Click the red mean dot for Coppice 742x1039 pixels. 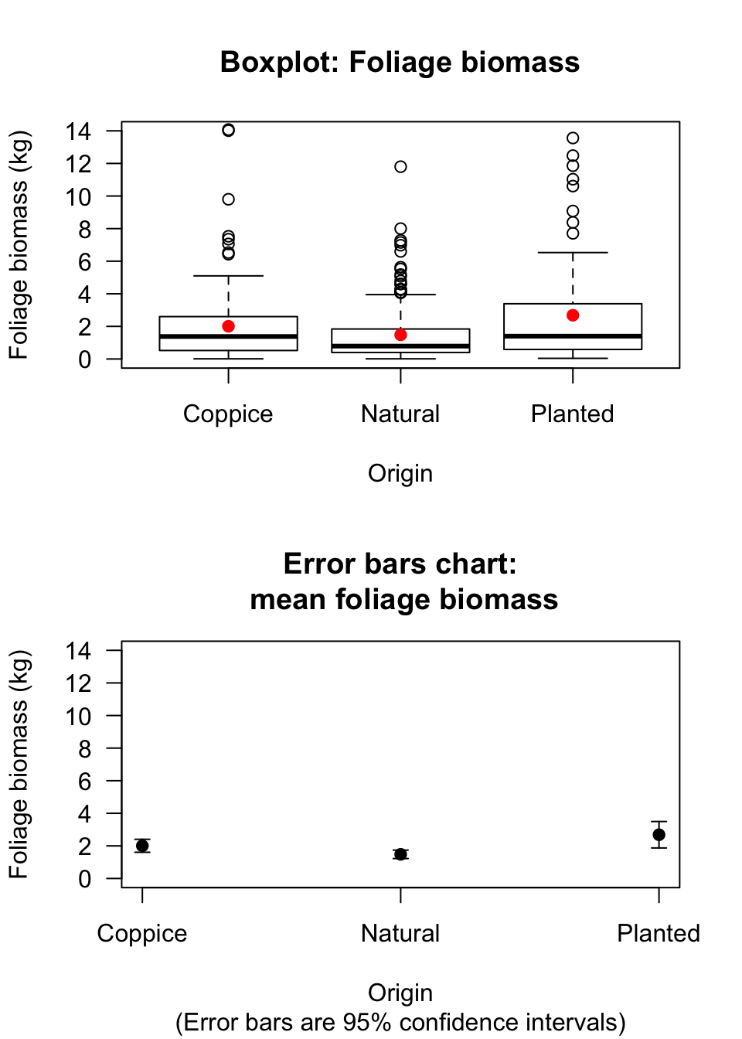(x=228, y=326)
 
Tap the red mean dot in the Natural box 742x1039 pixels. (x=400, y=335)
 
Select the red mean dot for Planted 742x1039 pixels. (x=573, y=315)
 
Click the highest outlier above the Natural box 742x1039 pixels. (x=400, y=166)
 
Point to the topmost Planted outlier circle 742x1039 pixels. (x=573, y=138)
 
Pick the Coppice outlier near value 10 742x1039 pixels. (x=228, y=199)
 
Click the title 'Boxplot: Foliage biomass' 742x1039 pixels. (x=400, y=62)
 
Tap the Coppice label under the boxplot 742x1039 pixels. (x=228, y=414)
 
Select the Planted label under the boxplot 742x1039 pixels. (x=572, y=414)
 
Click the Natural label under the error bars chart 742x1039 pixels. (x=400, y=934)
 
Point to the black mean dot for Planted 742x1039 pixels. (x=659, y=835)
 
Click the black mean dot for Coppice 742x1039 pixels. (x=142, y=846)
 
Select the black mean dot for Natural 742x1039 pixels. (x=400, y=854)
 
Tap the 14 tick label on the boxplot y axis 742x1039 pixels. (x=78, y=131)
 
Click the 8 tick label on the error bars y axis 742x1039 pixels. (x=84, y=749)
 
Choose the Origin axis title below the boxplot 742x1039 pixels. (x=400, y=473)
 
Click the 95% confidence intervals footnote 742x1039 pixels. (x=400, y=1022)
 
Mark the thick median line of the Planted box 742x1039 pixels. (x=573, y=336)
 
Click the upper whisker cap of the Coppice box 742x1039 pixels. (x=228, y=276)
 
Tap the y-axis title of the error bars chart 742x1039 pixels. (x=19, y=764)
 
